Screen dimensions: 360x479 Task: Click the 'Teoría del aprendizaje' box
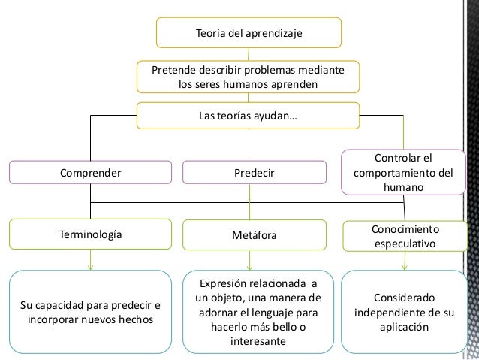coord(249,33)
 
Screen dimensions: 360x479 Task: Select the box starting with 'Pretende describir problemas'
coord(249,77)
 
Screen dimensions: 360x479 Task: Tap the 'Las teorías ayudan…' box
coord(249,117)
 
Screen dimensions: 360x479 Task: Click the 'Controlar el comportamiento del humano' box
coord(404,173)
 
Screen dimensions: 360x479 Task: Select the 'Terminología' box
coord(90,234)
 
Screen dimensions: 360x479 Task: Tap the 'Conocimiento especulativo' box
coord(406,235)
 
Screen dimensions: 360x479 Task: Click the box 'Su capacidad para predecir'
coord(90,312)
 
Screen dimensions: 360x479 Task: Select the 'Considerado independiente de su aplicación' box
coord(404,312)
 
